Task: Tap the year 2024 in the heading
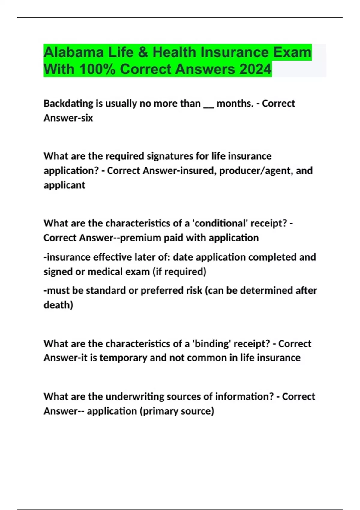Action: point(255,69)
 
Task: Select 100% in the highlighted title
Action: point(97,69)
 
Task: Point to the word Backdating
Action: point(68,103)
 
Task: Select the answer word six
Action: point(87,118)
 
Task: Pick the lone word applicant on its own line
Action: point(64,185)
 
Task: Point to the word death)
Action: point(58,305)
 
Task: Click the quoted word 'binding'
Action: point(211,344)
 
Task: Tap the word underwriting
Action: point(135,397)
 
